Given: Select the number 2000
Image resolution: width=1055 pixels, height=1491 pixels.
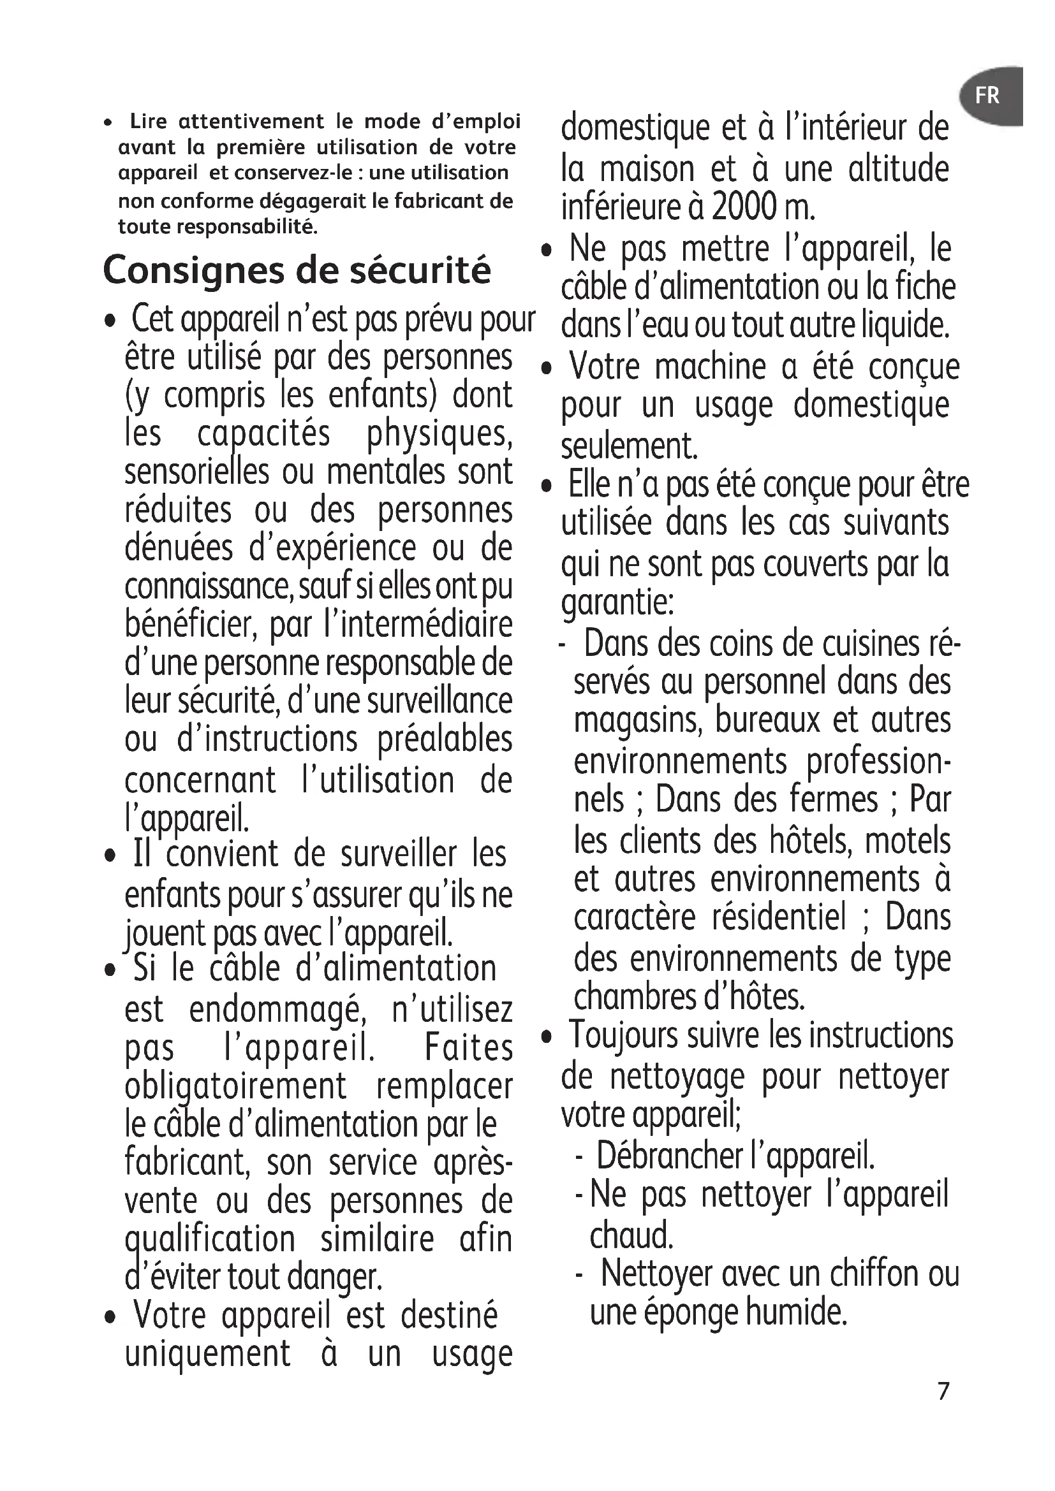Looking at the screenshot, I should point(744,207).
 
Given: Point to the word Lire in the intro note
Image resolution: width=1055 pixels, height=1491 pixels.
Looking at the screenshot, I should point(148,122).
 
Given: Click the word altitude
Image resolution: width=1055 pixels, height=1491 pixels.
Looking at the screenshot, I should point(899,169).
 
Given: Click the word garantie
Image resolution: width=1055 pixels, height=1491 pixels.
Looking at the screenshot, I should point(617,602).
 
